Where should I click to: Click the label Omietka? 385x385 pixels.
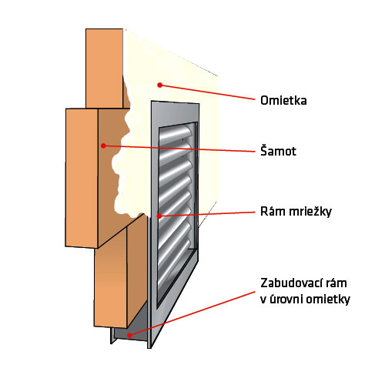[x=283, y=100]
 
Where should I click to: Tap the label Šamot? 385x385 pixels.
[x=278, y=150]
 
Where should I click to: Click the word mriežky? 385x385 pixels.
[x=310, y=212]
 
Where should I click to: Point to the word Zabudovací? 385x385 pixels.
[x=290, y=283]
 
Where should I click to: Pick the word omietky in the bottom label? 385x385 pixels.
[x=328, y=300]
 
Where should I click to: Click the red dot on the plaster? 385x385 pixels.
[x=160, y=85]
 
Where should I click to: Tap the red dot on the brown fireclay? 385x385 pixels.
[x=103, y=146]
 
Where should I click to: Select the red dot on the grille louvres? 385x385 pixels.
[x=159, y=216]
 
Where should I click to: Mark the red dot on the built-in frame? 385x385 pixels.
[x=130, y=335]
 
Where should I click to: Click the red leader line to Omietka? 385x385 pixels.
[x=207, y=92]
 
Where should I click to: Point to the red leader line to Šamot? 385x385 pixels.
[x=179, y=149]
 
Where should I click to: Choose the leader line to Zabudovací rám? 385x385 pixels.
[x=192, y=313]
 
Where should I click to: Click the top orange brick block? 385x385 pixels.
[x=104, y=69]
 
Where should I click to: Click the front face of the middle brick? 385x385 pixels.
[x=82, y=178]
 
